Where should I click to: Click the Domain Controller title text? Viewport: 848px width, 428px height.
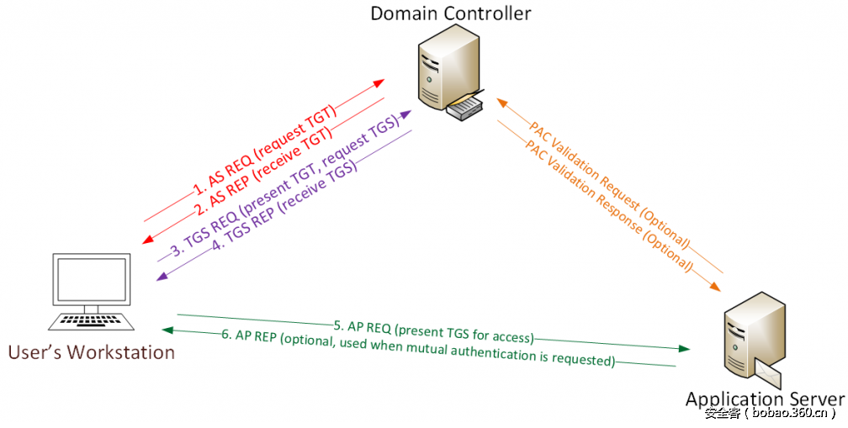[x=451, y=14]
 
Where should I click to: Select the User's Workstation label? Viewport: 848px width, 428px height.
[x=92, y=351]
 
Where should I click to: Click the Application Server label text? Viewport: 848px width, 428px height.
[x=764, y=399]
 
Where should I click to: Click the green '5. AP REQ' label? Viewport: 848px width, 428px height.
[x=362, y=325]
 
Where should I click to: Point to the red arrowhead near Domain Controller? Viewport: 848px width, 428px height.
[x=379, y=83]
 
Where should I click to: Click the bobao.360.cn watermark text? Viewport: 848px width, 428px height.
[x=770, y=413]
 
